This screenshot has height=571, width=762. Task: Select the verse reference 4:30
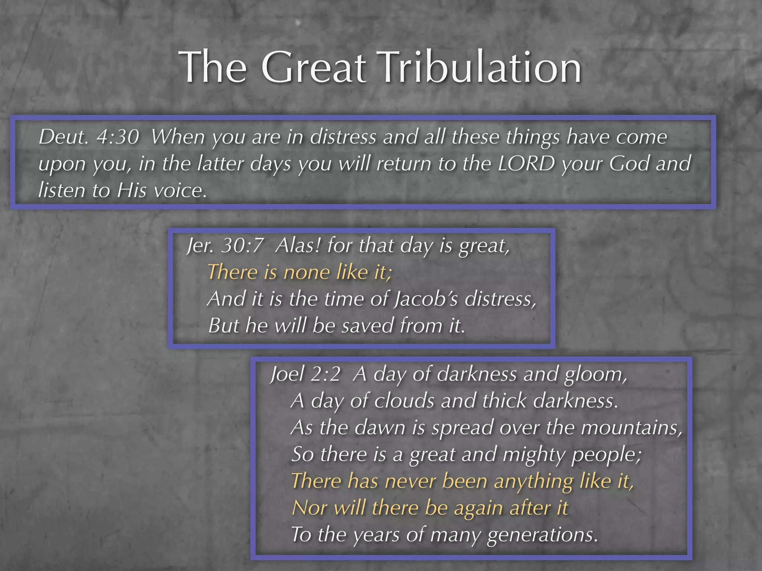[118, 137]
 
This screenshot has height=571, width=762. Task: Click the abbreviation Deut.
[64, 137]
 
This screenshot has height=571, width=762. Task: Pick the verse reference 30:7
[242, 246]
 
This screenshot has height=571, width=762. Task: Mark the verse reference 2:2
[325, 374]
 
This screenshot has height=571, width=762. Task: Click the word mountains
[631, 428]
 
